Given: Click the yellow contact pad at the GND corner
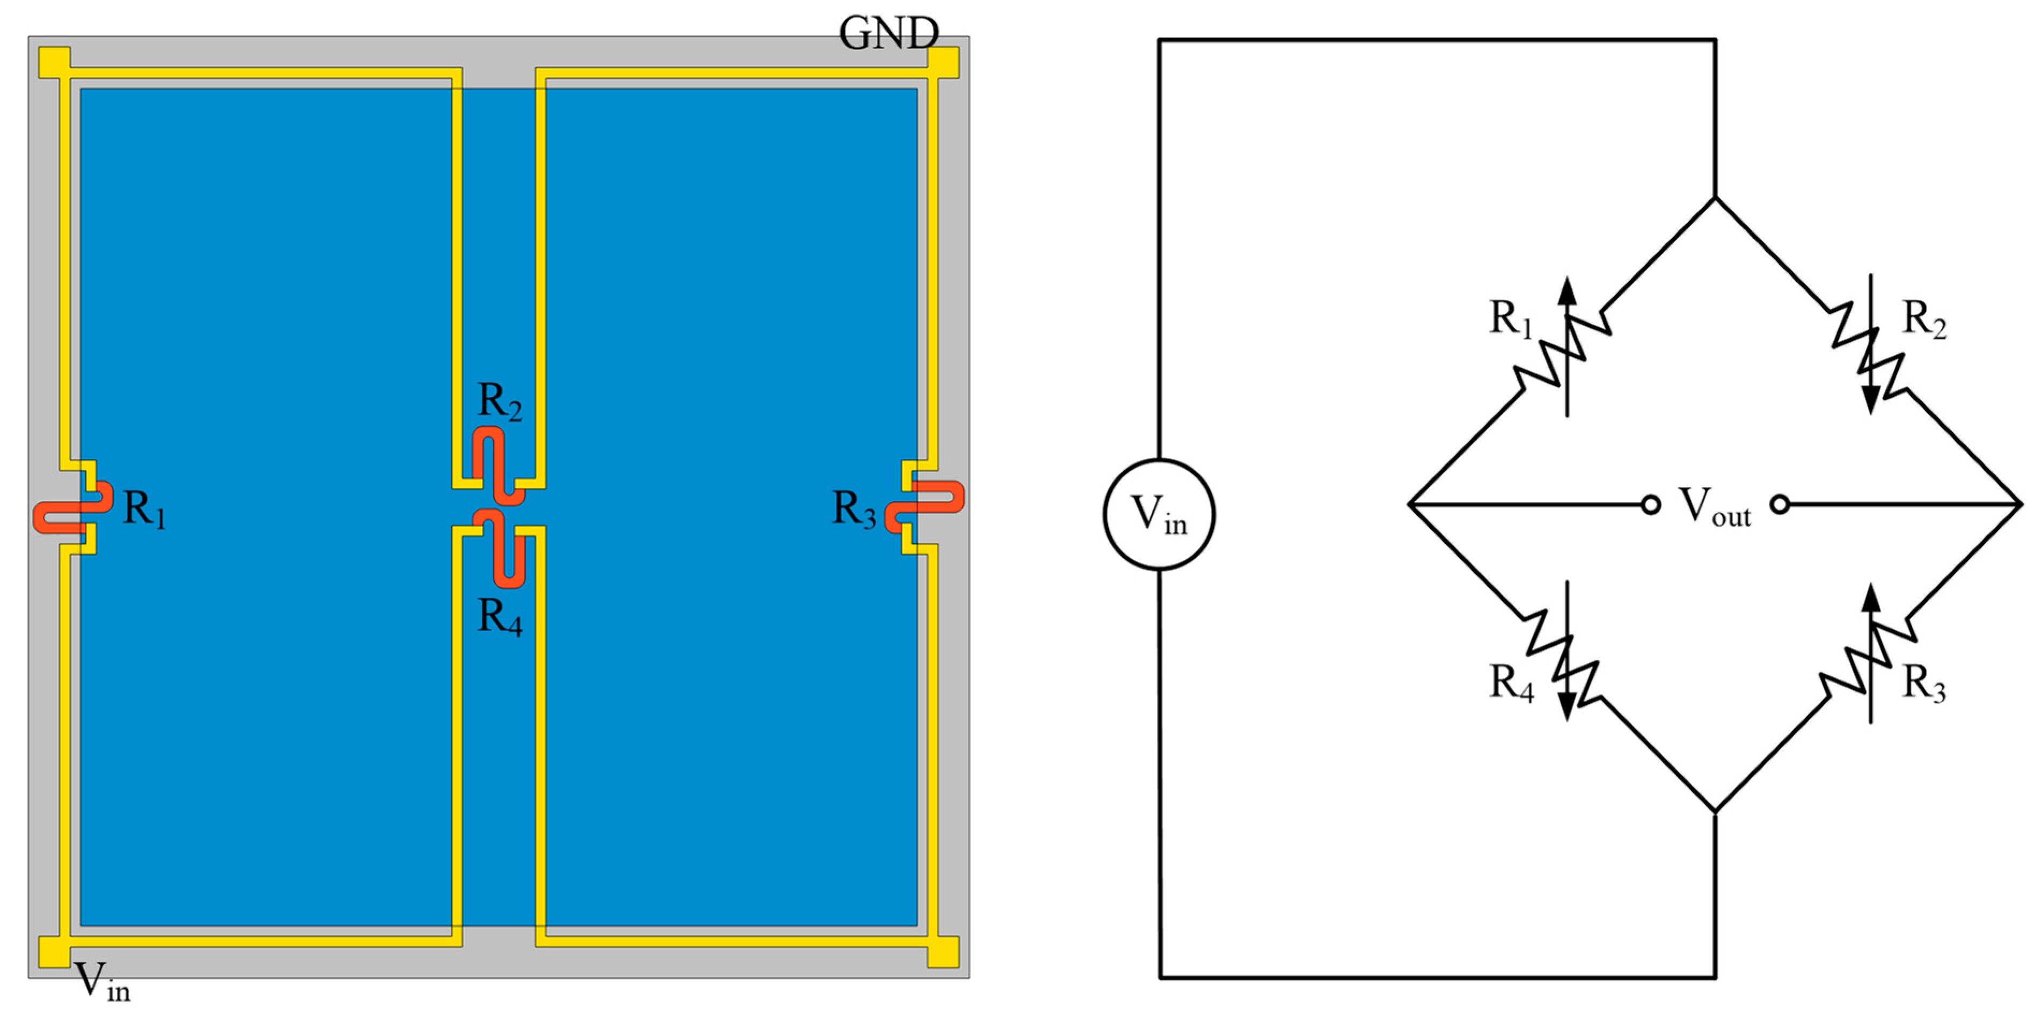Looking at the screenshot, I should pos(943,62).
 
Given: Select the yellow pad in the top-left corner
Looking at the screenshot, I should pos(54,62).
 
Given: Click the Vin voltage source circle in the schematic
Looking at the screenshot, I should pos(1159,514).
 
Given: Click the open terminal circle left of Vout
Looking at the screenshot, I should pos(1650,504).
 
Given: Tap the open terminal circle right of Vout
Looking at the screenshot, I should pos(1780,504).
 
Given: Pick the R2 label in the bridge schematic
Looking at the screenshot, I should pos(1924,319).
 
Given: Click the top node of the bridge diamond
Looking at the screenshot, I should pos(1715,198).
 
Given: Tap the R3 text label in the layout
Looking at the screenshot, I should pos(854,509).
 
